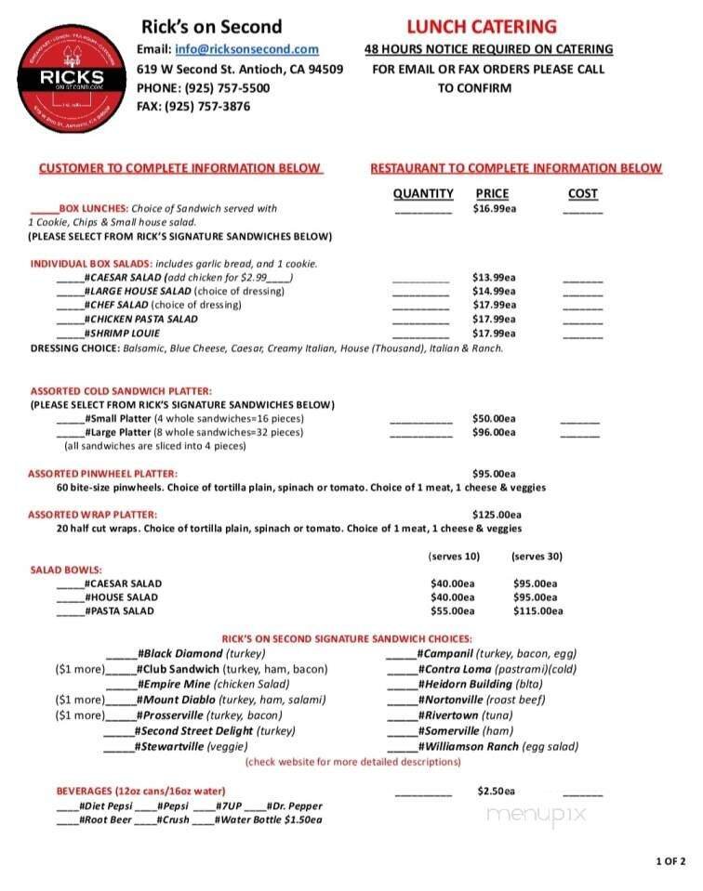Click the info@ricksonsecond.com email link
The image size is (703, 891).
click(x=246, y=49)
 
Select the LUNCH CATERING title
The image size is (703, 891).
click(x=481, y=27)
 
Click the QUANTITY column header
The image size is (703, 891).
click(x=423, y=193)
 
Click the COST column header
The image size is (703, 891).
click(x=582, y=193)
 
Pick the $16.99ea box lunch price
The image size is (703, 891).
click(x=494, y=208)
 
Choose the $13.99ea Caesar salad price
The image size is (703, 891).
click(x=494, y=277)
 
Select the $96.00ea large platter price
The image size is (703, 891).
click(x=494, y=432)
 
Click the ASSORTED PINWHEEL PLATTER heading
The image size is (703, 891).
click(x=102, y=473)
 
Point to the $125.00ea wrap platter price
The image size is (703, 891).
click(x=497, y=514)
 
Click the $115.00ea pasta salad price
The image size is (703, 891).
click(x=537, y=610)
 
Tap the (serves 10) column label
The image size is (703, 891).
click(x=454, y=557)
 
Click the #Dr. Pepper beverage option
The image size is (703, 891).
click(x=295, y=806)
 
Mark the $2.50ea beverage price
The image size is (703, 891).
click(x=496, y=791)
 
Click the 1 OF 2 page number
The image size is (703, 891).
click(x=670, y=861)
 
